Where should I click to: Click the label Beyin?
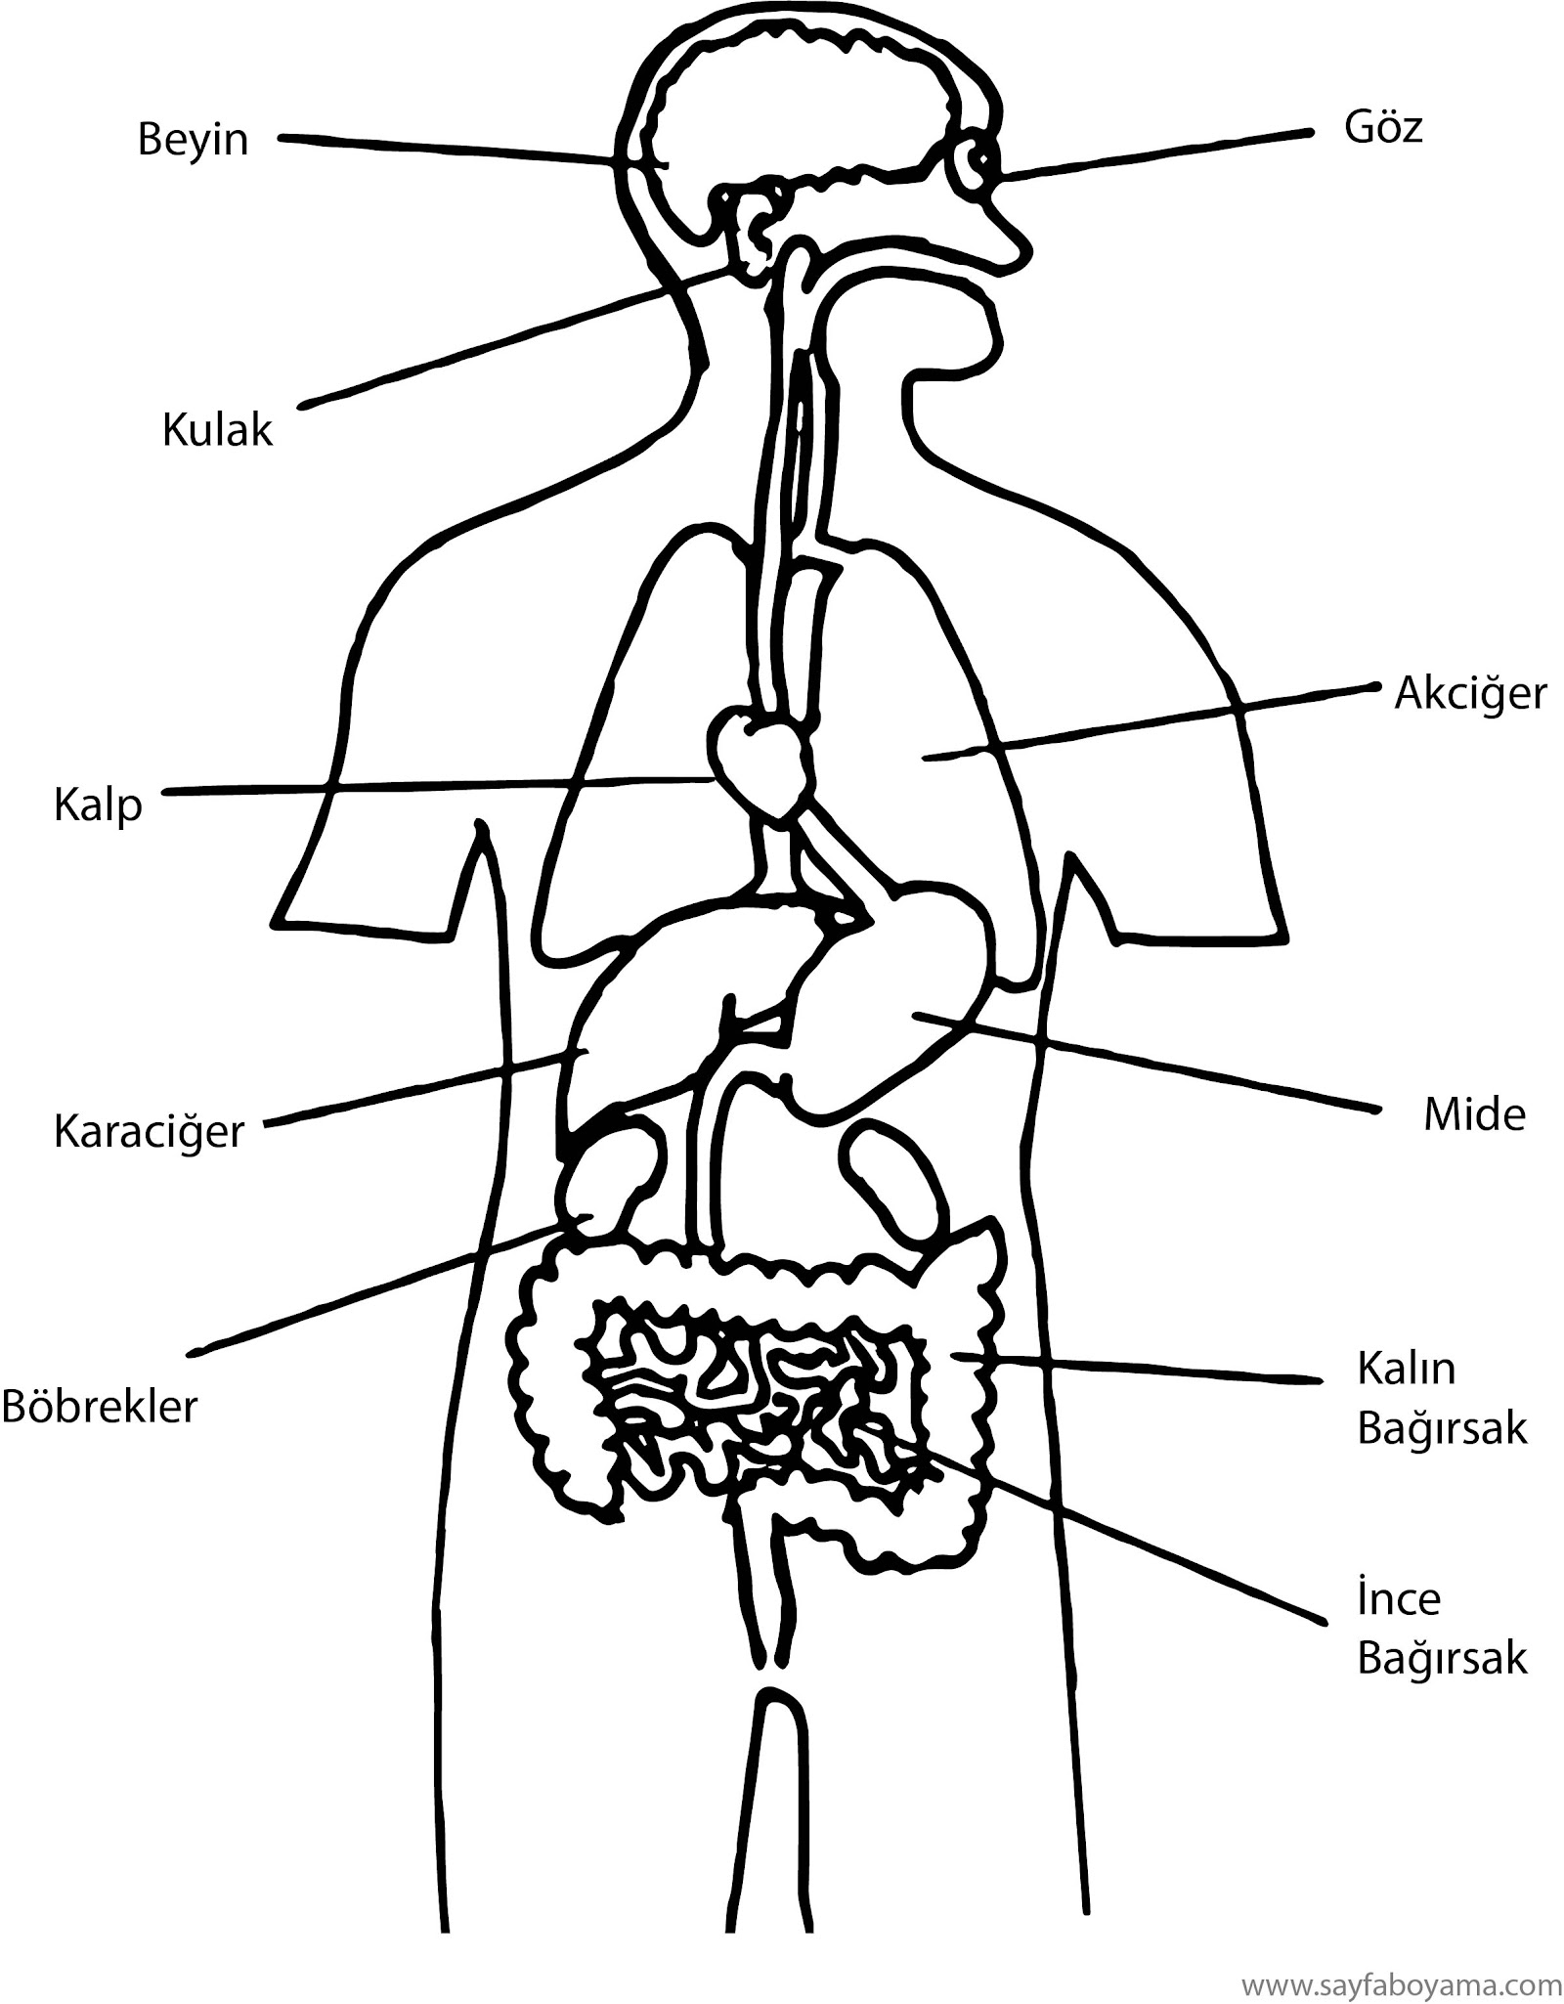tap(193, 140)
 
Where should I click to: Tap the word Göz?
tap(1383, 128)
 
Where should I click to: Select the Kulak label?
tap(217, 430)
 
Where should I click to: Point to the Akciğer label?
tap(1470, 695)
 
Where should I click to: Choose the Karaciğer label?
tap(149, 1132)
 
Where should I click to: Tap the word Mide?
tap(1474, 1114)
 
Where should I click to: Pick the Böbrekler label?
tap(100, 1407)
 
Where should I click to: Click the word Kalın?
tap(1406, 1369)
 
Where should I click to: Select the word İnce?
tap(1399, 1600)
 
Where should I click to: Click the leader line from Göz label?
tap(1153, 153)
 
